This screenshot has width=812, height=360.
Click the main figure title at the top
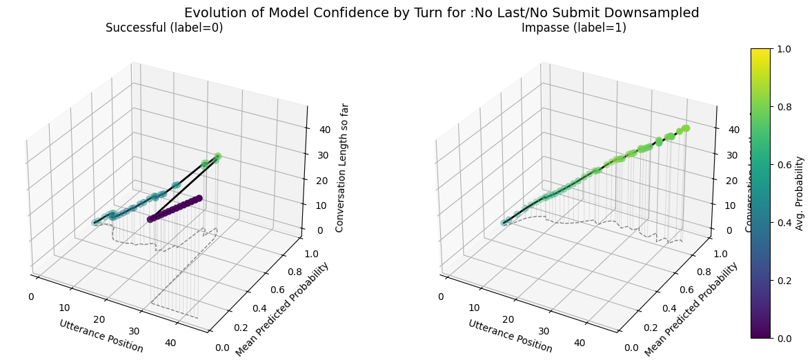442,12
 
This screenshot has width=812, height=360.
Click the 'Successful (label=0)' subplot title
164,28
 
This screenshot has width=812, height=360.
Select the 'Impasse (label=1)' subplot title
573,28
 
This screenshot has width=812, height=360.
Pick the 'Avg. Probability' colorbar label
800,193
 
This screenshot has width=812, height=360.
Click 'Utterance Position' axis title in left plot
101,336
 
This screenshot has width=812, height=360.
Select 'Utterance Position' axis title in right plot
511,336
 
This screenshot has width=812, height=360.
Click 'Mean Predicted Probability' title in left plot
283,310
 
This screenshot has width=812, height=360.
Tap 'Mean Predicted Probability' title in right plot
691,310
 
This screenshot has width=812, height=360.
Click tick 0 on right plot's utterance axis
441,297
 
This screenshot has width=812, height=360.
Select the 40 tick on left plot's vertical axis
325,130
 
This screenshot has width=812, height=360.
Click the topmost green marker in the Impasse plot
686,128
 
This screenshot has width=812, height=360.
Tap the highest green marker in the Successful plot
217,157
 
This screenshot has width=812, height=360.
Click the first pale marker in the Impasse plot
505,222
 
